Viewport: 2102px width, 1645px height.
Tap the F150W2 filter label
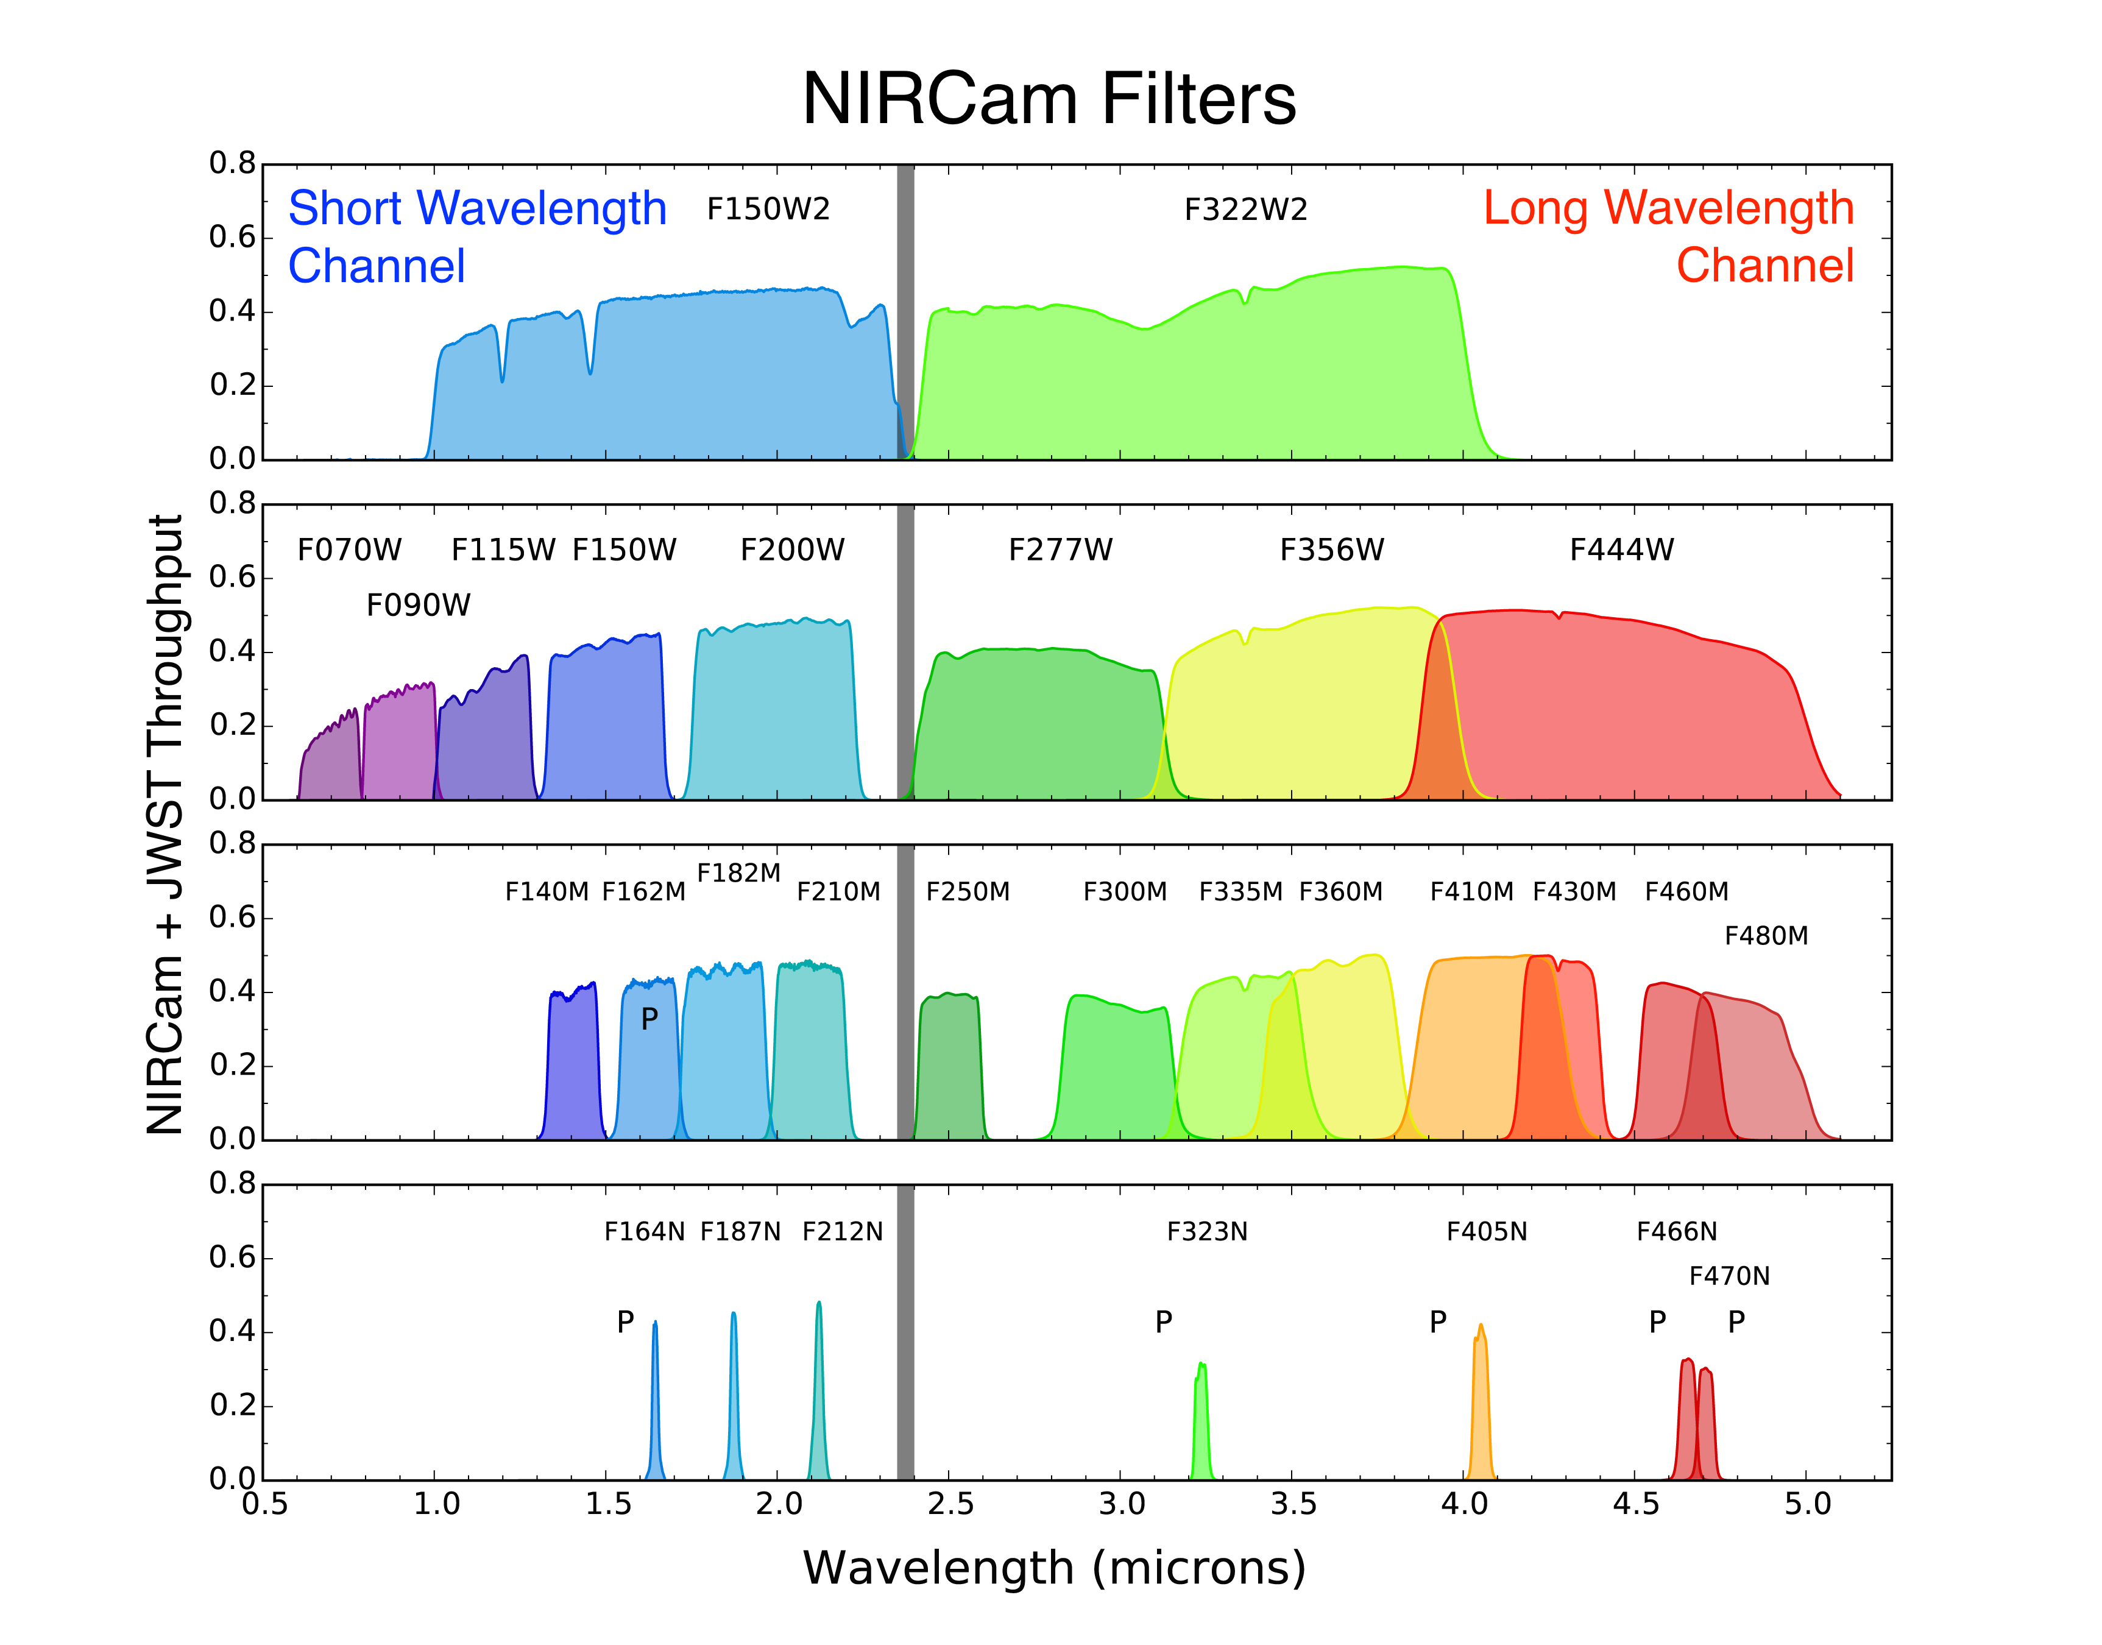768,209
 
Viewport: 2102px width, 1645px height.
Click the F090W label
418,605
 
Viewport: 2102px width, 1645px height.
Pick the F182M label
738,872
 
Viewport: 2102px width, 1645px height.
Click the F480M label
1766,935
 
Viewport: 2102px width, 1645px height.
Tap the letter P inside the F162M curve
649,1018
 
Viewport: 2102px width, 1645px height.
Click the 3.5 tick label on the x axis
1292,1504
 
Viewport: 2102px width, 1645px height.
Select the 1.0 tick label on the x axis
435,1504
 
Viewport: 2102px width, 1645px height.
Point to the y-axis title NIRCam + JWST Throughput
166,824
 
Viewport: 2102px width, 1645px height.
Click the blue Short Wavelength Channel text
476,236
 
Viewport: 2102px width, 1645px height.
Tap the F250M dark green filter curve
949,1069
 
